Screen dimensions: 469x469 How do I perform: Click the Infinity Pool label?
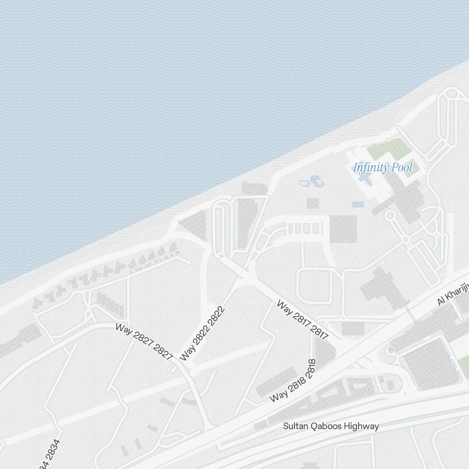pyautogui.click(x=383, y=167)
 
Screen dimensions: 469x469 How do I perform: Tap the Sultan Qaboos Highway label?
pyautogui.click(x=331, y=426)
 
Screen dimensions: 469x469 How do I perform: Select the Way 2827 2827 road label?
pyautogui.click(x=144, y=341)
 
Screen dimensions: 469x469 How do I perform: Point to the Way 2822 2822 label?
pyautogui.click(x=203, y=333)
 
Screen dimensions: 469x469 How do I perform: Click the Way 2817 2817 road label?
pyautogui.click(x=303, y=319)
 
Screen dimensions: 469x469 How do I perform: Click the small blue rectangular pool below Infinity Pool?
pyautogui.click(x=357, y=204)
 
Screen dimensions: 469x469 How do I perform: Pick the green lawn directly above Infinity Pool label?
pyautogui.click(x=386, y=149)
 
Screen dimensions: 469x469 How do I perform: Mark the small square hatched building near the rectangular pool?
pyautogui.click(x=313, y=203)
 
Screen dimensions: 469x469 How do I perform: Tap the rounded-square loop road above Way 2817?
pyautogui.click(x=314, y=286)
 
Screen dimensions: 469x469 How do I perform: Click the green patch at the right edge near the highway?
pyautogui.click(x=463, y=366)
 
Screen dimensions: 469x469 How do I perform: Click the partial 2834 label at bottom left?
pyautogui.click(x=50, y=454)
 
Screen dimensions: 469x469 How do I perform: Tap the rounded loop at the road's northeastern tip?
pyautogui.click(x=452, y=94)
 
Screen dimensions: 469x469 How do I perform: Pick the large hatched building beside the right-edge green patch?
pyautogui.click(x=429, y=363)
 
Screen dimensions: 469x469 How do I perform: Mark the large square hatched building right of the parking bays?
pyautogui.click(x=343, y=229)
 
